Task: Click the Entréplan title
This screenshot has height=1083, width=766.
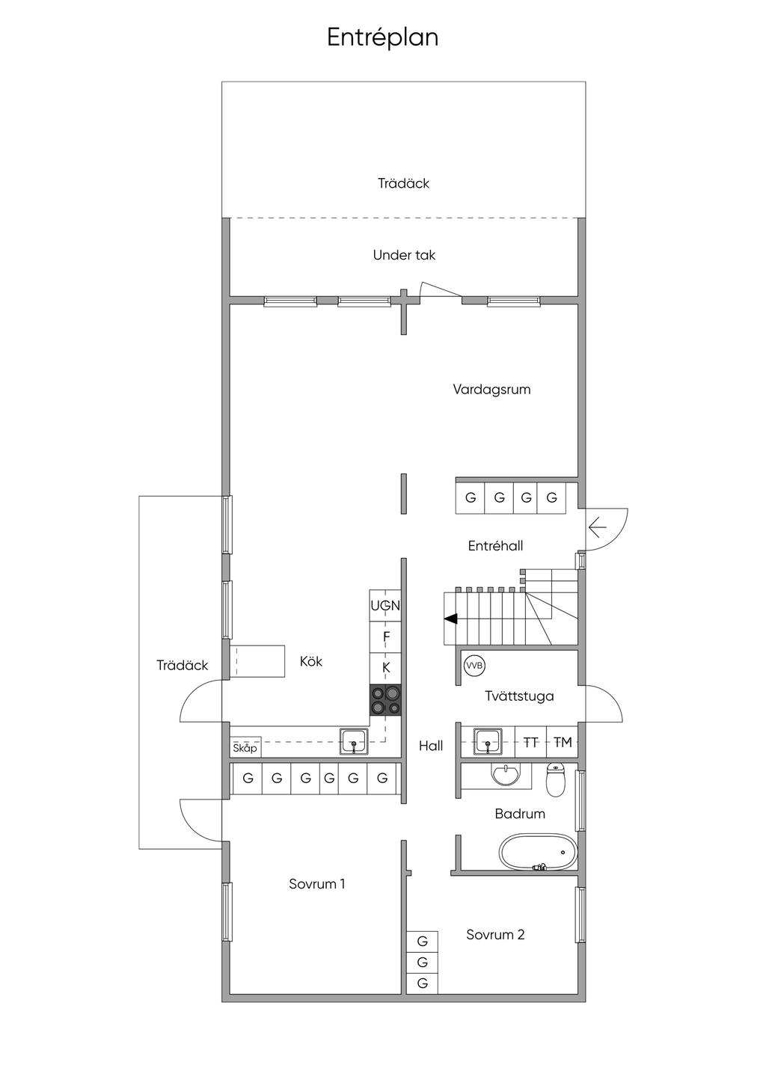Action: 382,38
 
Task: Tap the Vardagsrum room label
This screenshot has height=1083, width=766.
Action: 491,390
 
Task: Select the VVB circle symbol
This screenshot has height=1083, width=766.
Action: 474,666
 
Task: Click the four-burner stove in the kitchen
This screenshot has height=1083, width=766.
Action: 385,700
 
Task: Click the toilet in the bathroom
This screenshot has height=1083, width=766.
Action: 556,780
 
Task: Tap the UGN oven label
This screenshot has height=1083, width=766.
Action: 385,605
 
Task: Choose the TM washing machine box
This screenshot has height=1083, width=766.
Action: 562,742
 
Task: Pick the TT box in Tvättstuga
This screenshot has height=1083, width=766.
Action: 530,742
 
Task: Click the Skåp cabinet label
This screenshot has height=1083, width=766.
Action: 245,749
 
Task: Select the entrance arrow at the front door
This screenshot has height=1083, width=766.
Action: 597,527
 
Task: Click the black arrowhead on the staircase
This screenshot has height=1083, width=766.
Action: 450,619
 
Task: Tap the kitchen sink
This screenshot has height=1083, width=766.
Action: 354,741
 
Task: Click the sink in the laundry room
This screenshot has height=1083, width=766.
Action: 488,741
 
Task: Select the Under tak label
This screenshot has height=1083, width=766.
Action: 404,255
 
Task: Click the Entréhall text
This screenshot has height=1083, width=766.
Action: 496,546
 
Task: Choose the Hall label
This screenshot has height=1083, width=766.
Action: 431,746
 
